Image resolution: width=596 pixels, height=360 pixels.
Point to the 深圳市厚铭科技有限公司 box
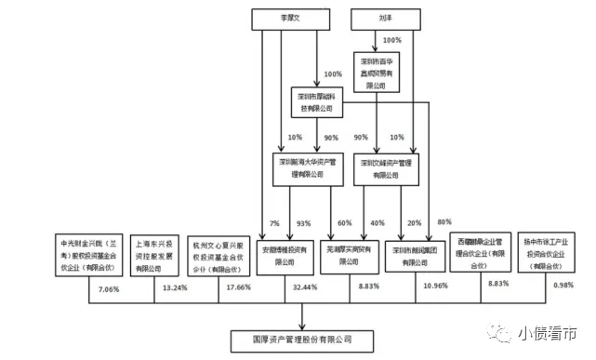coord(314,102)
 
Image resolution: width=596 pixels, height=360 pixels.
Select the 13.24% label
coord(174,288)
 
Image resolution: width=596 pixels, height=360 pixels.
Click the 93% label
coord(302,223)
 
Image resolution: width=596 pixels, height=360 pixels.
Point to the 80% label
coord(444,221)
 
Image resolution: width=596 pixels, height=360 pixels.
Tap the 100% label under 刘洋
coord(391,41)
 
